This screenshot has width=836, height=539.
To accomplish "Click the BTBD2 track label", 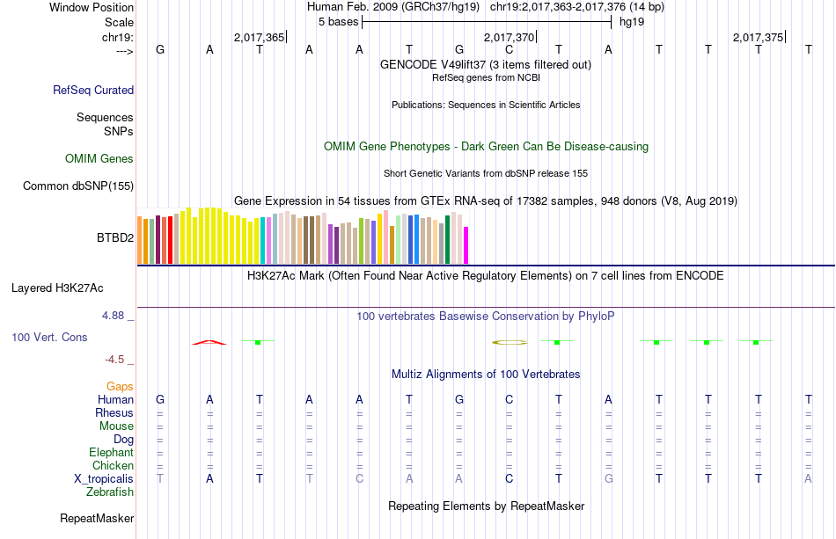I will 114,237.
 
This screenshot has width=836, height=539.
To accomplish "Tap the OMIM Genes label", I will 99,159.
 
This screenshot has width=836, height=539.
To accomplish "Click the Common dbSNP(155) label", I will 78,186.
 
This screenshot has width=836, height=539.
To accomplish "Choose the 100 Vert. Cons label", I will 49,337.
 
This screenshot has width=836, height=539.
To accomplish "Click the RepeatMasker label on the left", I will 96,519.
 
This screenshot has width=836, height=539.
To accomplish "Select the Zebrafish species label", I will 110,492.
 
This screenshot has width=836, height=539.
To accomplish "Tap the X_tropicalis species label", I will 104,479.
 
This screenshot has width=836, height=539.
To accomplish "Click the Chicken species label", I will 113,466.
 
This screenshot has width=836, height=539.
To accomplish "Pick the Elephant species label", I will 111,453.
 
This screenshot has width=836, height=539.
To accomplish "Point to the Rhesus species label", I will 114,413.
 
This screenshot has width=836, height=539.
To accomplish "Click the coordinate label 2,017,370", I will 509,38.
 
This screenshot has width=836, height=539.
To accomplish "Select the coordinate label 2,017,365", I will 259,38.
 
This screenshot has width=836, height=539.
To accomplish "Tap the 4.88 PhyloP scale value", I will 115,315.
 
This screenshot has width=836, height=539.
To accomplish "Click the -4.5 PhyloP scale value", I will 117,359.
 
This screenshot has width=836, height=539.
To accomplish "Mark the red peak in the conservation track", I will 209,341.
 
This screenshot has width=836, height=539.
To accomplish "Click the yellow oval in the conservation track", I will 510,341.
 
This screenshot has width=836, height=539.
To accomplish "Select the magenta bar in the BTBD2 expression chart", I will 466,244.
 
